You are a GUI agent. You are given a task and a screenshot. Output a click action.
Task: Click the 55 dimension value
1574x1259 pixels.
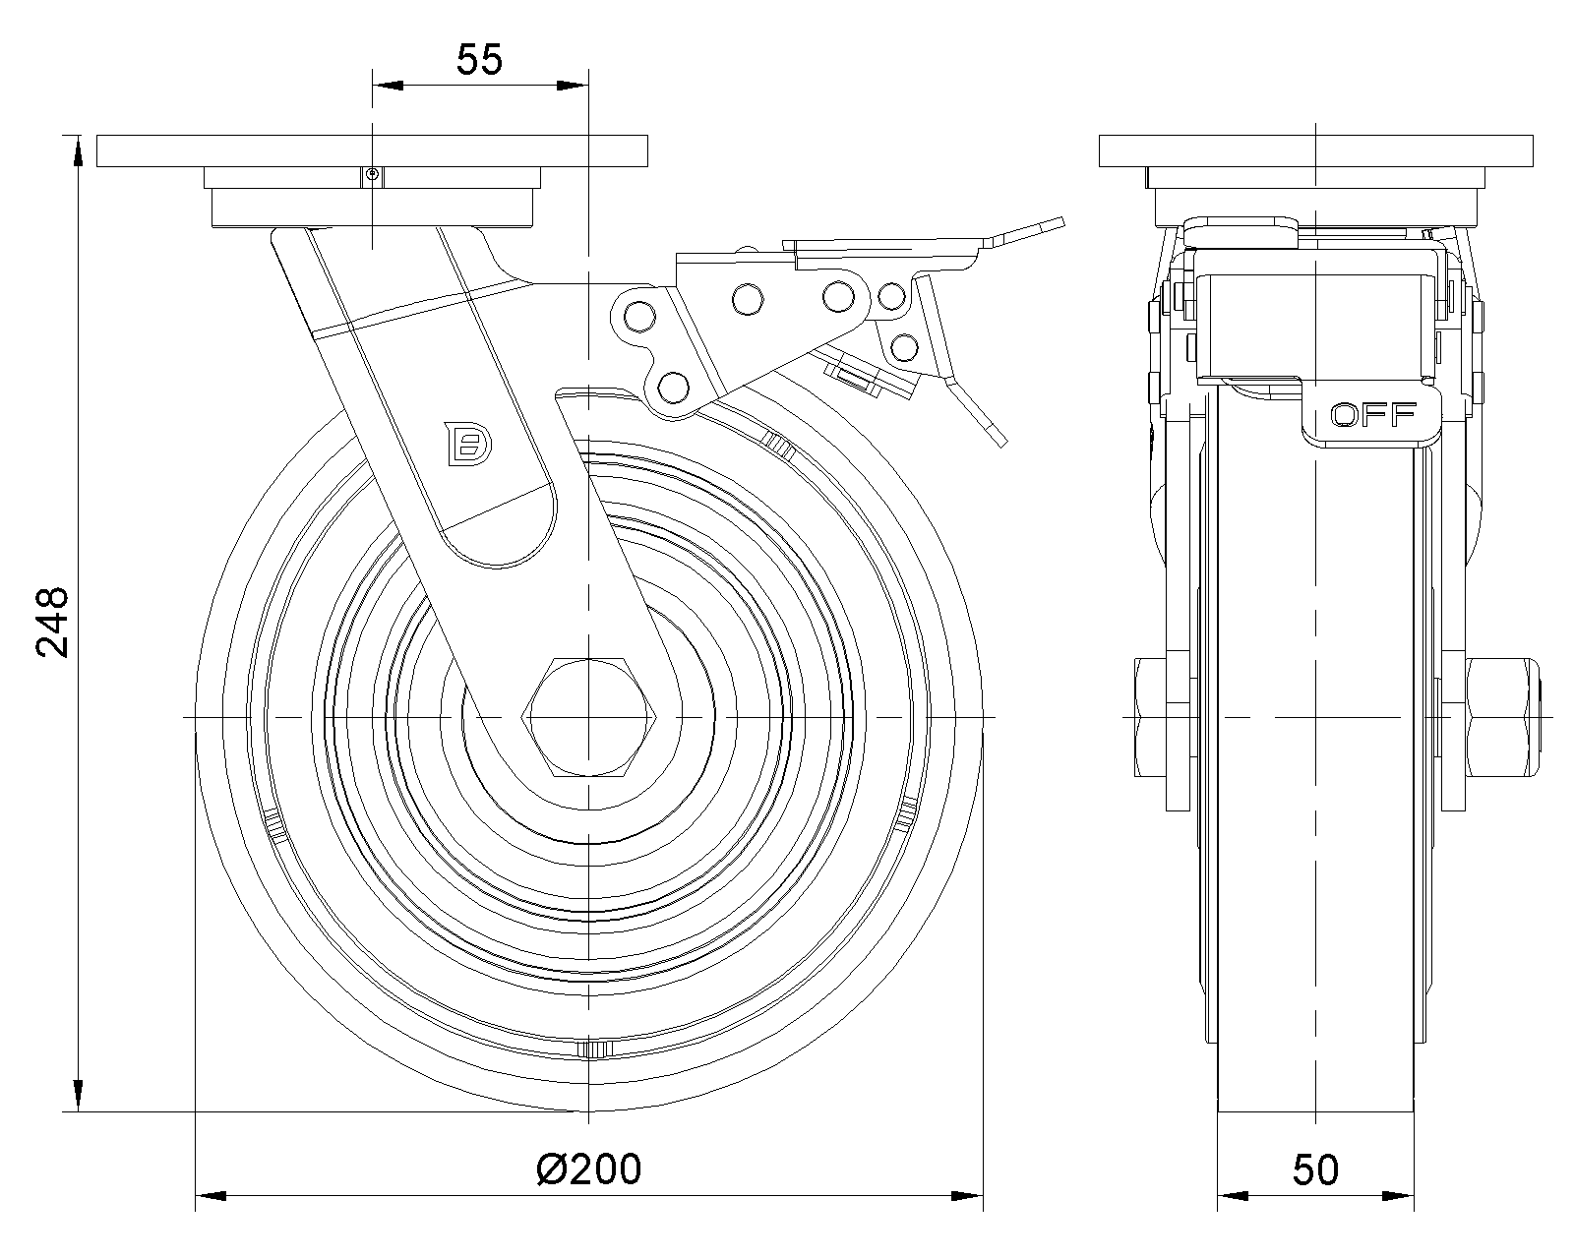(479, 59)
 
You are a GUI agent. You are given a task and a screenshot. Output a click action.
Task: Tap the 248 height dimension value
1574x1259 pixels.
(53, 622)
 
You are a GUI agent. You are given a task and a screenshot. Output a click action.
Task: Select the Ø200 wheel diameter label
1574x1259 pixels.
(589, 1169)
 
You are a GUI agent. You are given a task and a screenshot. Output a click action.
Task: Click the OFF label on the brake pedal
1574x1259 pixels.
(1373, 415)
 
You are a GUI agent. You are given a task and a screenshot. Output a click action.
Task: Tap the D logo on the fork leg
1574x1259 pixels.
(469, 444)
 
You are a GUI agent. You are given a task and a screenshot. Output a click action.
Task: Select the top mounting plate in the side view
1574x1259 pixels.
(1316, 150)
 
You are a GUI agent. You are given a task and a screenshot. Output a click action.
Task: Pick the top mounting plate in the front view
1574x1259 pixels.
(372, 150)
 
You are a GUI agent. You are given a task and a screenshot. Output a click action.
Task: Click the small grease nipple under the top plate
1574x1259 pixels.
(372, 174)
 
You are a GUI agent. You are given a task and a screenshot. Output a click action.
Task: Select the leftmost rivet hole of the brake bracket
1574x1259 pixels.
(640, 318)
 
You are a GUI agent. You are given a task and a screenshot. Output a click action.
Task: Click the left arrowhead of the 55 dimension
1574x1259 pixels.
(389, 86)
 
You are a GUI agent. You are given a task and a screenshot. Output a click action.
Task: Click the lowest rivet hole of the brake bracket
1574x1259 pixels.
(673, 387)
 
